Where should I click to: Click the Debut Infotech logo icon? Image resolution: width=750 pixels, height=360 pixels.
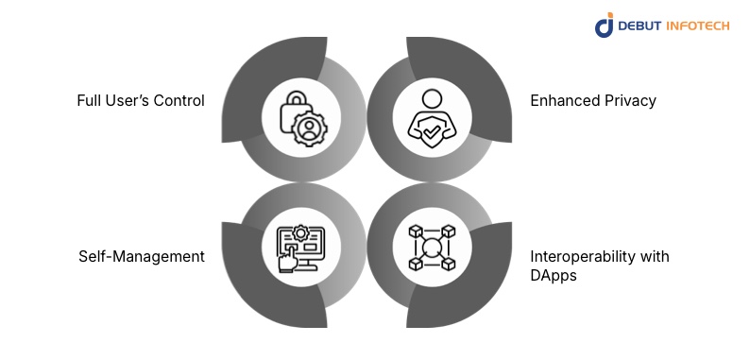tap(605, 25)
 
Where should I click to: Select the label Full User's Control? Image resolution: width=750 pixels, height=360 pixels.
tap(141, 100)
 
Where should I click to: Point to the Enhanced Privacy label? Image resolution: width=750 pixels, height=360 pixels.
tap(592, 100)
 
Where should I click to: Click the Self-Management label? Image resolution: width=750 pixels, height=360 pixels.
tap(142, 256)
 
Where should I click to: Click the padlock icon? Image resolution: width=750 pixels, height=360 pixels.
tap(294, 110)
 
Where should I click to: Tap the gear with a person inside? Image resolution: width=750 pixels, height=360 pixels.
tap(309, 128)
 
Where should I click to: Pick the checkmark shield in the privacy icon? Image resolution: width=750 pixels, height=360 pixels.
tap(431, 134)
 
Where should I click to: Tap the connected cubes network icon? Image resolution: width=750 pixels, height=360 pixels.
tap(431, 249)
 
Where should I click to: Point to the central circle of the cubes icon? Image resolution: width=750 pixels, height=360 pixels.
tap(431, 249)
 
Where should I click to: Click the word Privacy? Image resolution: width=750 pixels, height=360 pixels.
tap(630, 100)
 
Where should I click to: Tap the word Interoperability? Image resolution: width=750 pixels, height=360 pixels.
tap(575, 256)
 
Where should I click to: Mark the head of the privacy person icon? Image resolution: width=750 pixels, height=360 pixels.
tap(431, 98)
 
